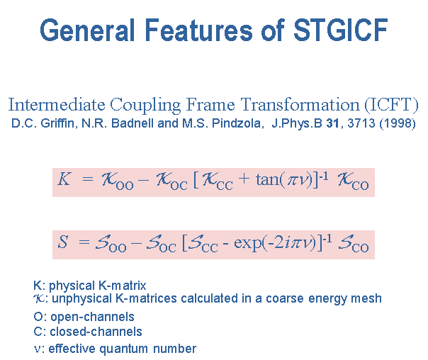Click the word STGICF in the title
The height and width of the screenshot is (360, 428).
[x=341, y=30]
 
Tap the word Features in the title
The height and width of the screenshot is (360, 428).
[x=198, y=30]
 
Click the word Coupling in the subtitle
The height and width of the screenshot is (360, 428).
[x=145, y=106]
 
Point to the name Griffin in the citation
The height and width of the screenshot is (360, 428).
[x=57, y=123]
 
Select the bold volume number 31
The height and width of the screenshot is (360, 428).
[x=332, y=123]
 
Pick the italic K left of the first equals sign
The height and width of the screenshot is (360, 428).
[x=64, y=179]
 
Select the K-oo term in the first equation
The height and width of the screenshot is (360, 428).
[x=118, y=181]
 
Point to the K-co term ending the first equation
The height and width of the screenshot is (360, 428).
[x=353, y=181]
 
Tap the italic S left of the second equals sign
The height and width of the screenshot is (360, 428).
[x=63, y=242]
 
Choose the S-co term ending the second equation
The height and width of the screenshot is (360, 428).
[x=354, y=244]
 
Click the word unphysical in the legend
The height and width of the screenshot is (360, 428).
[x=82, y=299]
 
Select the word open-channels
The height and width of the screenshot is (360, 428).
[x=93, y=317]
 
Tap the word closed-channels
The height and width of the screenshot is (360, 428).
[x=96, y=332]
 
